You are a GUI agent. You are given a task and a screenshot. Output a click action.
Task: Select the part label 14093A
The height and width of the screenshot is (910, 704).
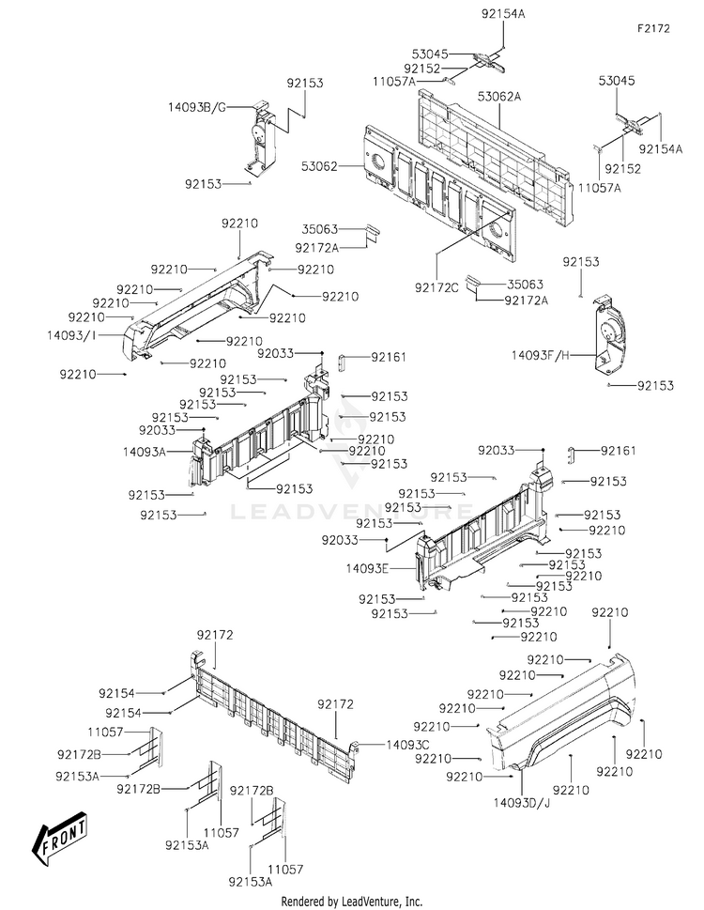145,451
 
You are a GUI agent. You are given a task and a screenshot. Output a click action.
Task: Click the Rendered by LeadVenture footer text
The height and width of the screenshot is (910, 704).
352,901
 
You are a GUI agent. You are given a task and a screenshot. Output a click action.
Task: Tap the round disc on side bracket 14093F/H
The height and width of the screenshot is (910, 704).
610,331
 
